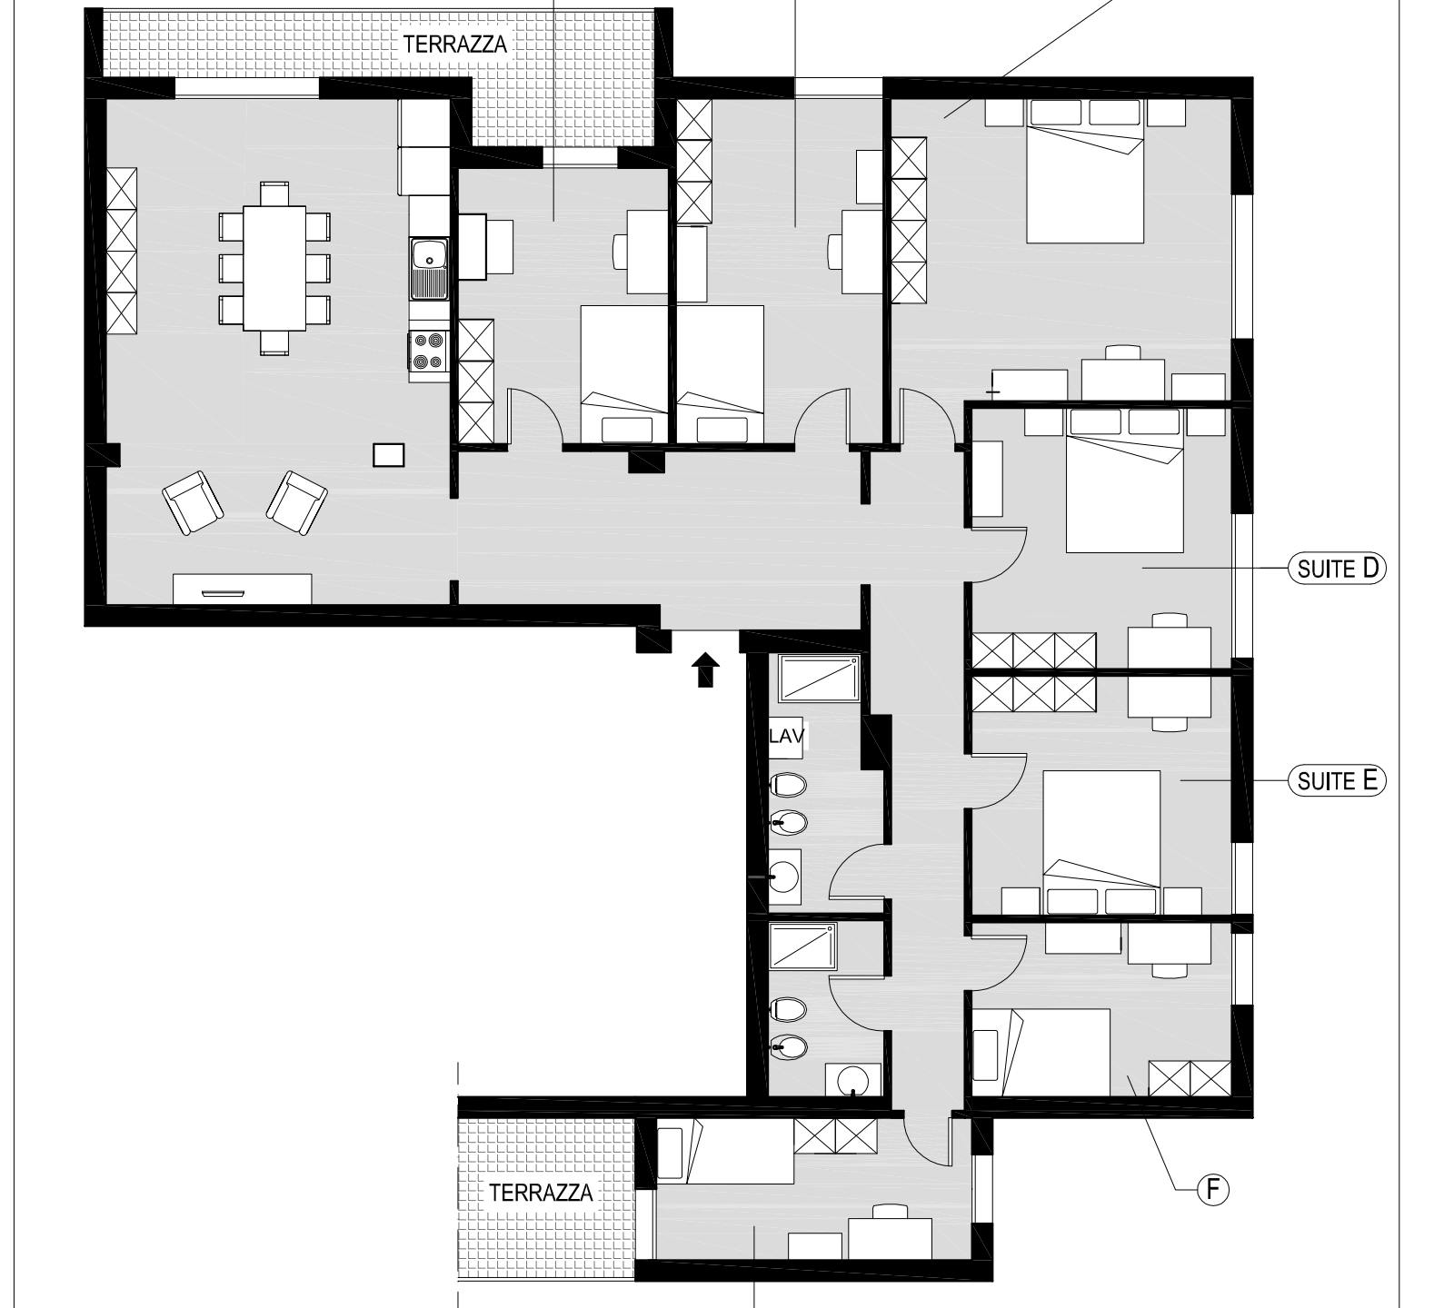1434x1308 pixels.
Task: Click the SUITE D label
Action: tap(1337, 569)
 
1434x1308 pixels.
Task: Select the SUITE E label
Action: tap(1337, 780)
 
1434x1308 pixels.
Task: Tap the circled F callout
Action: tap(1212, 1189)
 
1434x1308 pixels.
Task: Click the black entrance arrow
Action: tap(705, 670)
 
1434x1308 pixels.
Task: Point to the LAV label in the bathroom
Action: tap(787, 736)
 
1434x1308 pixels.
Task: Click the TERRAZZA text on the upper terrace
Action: tap(454, 44)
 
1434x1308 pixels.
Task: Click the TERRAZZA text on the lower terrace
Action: tap(541, 1193)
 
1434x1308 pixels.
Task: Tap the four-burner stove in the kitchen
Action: tap(428, 352)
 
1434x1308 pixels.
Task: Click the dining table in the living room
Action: tap(274, 268)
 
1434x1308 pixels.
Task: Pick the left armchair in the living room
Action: tap(193, 502)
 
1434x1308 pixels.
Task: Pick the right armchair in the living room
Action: tap(296, 501)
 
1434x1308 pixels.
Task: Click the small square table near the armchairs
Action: tap(389, 454)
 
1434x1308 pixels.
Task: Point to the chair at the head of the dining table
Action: tap(274, 193)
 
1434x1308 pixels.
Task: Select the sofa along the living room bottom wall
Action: tap(243, 589)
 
